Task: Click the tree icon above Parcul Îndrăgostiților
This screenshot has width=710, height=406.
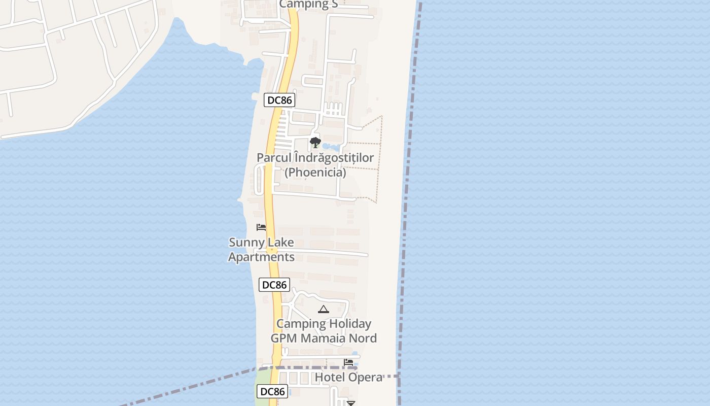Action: [315, 142]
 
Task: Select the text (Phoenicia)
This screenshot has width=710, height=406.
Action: [315, 173]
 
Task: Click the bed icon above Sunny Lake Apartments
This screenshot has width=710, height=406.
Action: [261, 227]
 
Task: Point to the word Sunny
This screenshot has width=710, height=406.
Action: [246, 243]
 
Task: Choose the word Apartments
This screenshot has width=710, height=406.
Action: [261, 257]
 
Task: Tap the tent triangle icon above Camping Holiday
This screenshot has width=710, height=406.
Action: [323, 309]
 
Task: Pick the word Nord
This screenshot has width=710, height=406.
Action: [364, 339]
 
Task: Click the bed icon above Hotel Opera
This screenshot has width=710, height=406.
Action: [348, 362]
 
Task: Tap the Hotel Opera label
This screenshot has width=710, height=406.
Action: [348, 378]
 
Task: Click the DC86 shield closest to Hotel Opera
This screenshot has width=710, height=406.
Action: [273, 391]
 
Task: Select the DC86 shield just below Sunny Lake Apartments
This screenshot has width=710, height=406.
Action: [274, 285]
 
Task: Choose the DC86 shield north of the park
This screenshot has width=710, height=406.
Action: [279, 100]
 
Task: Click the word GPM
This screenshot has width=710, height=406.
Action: [287, 339]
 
